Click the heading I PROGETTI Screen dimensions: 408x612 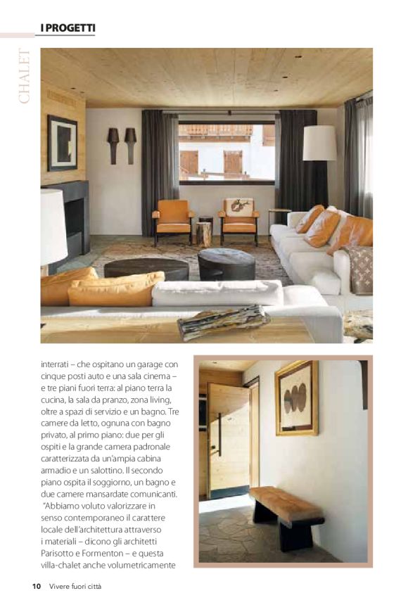pyautogui.click(x=65, y=27)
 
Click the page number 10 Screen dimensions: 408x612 pyautogui.click(x=36, y=587)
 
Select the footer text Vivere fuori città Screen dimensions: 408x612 pyautogui.click(x=75, y=587)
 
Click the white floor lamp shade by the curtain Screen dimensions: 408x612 pyautogui.click(x=319, y=143)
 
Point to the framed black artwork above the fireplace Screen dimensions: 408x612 pyautogui.click(x=63, y=143)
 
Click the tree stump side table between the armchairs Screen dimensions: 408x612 pyautogui.click(x=204, y=233)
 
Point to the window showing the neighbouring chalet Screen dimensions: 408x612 pyautogui.click(x=226, y=151)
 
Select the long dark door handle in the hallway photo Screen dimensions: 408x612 pyautogui.click(x=220, y=435)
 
